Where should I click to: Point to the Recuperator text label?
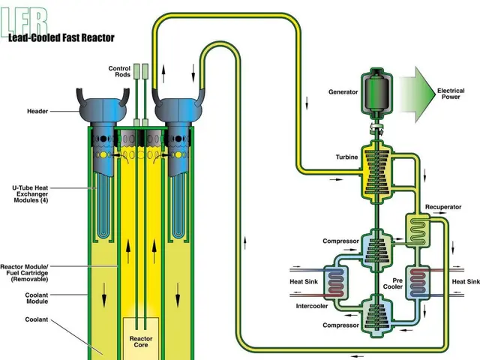(442, 206)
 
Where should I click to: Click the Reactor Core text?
(141, 343)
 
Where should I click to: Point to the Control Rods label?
(119, 72)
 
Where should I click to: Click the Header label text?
(37, 111)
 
